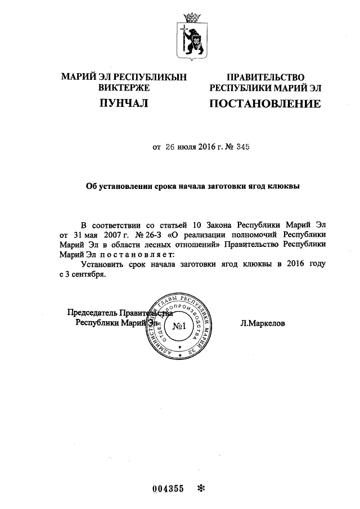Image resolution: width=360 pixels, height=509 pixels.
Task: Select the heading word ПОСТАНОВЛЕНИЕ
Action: [x=265, y=103]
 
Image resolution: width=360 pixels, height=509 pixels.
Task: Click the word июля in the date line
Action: [x=190, y=147]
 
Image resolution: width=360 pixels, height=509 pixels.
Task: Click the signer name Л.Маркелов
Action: [x=262, y=323]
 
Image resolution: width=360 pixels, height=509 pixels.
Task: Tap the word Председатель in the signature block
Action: [x=92, y=313]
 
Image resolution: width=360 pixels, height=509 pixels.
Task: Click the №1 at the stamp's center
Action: [x=178, y=326]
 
